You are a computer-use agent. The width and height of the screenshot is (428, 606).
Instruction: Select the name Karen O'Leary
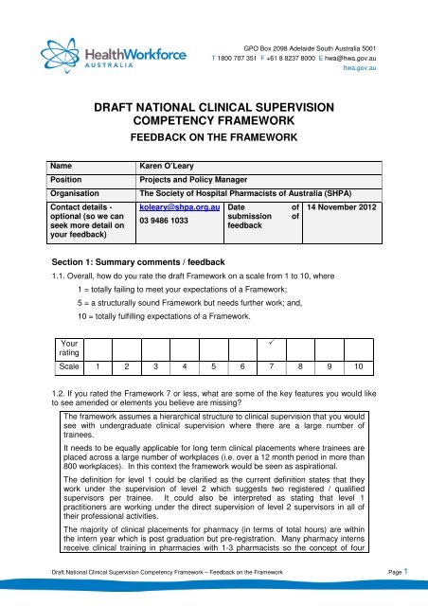(x=172, y=164)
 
